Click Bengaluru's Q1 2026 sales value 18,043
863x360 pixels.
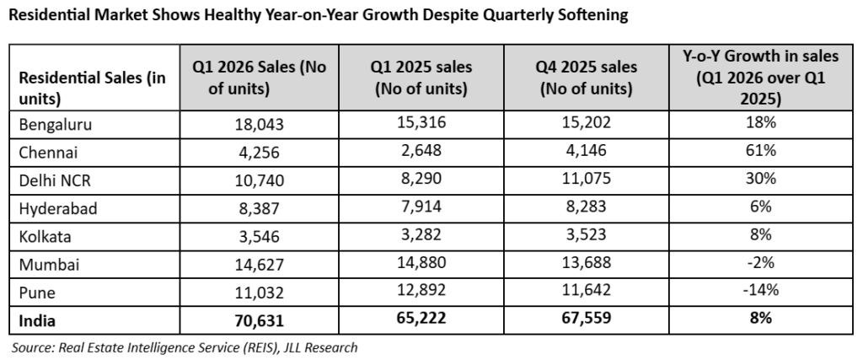click(260, 125)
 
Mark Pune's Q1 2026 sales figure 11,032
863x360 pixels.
click(260, 293)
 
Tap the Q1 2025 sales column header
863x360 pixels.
click(421, 78)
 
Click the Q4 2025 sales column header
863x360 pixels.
click(587, 78)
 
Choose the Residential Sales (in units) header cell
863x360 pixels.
click(93, 88)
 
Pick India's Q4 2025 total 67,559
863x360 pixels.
click(587, 318)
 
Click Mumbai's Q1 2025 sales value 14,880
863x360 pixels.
click(421, 262)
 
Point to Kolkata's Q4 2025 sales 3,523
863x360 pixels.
click(587, 235)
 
